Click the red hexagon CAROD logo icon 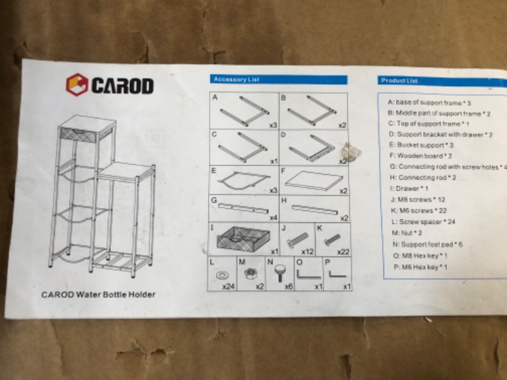[x=76, y=85]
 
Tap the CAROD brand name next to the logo [x=122, y=85]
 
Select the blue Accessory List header [x=278, y=80]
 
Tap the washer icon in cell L [x=222, y=275]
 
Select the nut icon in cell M [x=250, y=274]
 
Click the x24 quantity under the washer [x=229, y=287]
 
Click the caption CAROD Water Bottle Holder [x=98, y=294]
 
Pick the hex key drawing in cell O [x=308, y=274]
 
